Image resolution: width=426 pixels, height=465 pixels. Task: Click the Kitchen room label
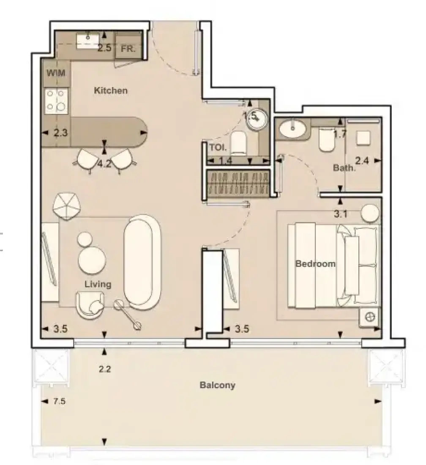coord(111,90)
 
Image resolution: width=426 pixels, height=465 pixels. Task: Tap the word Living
coord(98,284)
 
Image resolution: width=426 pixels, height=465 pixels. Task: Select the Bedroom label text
coord(315,264)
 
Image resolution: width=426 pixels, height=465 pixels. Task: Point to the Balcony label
coord(217,385)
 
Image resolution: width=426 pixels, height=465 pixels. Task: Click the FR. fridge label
coord(128,48)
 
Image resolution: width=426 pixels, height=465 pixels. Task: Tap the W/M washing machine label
coord(56,73)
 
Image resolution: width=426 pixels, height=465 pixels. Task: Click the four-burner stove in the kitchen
coord(56,101)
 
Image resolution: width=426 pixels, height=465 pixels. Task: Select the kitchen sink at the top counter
coord(88,41)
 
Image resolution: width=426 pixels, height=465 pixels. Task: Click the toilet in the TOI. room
coord(239,143)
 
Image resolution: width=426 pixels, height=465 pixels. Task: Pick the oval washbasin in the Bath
coord(292,129)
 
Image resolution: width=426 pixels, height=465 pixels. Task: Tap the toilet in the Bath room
coord(327,139)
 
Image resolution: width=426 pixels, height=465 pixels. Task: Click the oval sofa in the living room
coord(142,262)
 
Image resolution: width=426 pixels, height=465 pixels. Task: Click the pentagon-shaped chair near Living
coord(67,206)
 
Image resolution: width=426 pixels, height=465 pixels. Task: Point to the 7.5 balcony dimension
coord(59,401)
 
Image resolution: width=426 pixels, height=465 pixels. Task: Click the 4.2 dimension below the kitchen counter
coord(105,164)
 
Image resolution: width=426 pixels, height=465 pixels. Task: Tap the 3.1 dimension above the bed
coord(340,214)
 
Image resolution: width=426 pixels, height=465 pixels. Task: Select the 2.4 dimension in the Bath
coord(362,161)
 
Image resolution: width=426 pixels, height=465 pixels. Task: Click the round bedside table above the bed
coord(370,213)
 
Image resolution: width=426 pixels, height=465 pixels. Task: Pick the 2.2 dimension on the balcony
coord(105,369)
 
